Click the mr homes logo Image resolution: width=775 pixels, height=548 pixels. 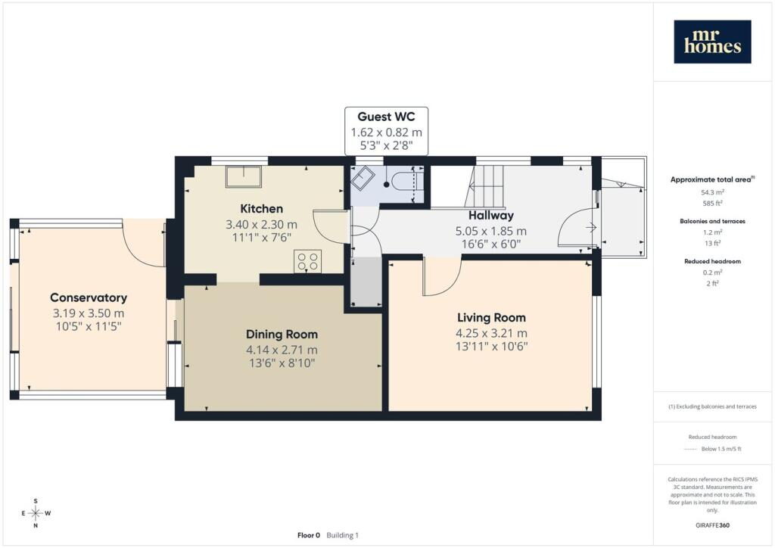(712, 42)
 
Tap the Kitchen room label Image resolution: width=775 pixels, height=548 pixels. (261, 208)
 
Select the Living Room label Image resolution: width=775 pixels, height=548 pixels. (491, 318)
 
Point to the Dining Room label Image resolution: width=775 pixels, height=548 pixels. (282, 335)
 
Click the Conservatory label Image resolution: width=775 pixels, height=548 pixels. (89, 297)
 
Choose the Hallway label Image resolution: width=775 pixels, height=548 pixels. (490, 216)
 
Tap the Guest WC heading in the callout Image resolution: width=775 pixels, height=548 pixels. (386, 117)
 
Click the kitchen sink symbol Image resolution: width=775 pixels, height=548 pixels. (244, 176)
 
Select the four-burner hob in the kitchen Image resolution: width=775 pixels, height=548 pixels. (308, 261)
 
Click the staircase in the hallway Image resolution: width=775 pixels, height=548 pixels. (485, 187)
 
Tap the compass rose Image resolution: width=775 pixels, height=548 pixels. (36, 513)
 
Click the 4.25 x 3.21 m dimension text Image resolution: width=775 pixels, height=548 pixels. (491, 333)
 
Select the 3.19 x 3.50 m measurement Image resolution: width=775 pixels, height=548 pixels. (89, 313)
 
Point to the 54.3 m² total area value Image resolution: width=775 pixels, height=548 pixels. (712, 192)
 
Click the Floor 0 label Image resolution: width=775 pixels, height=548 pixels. (309, 535)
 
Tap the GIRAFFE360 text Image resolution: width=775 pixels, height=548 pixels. (712, 525)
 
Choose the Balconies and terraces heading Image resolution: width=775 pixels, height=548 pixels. (712, 221)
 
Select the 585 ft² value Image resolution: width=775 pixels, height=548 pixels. (712, 203)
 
